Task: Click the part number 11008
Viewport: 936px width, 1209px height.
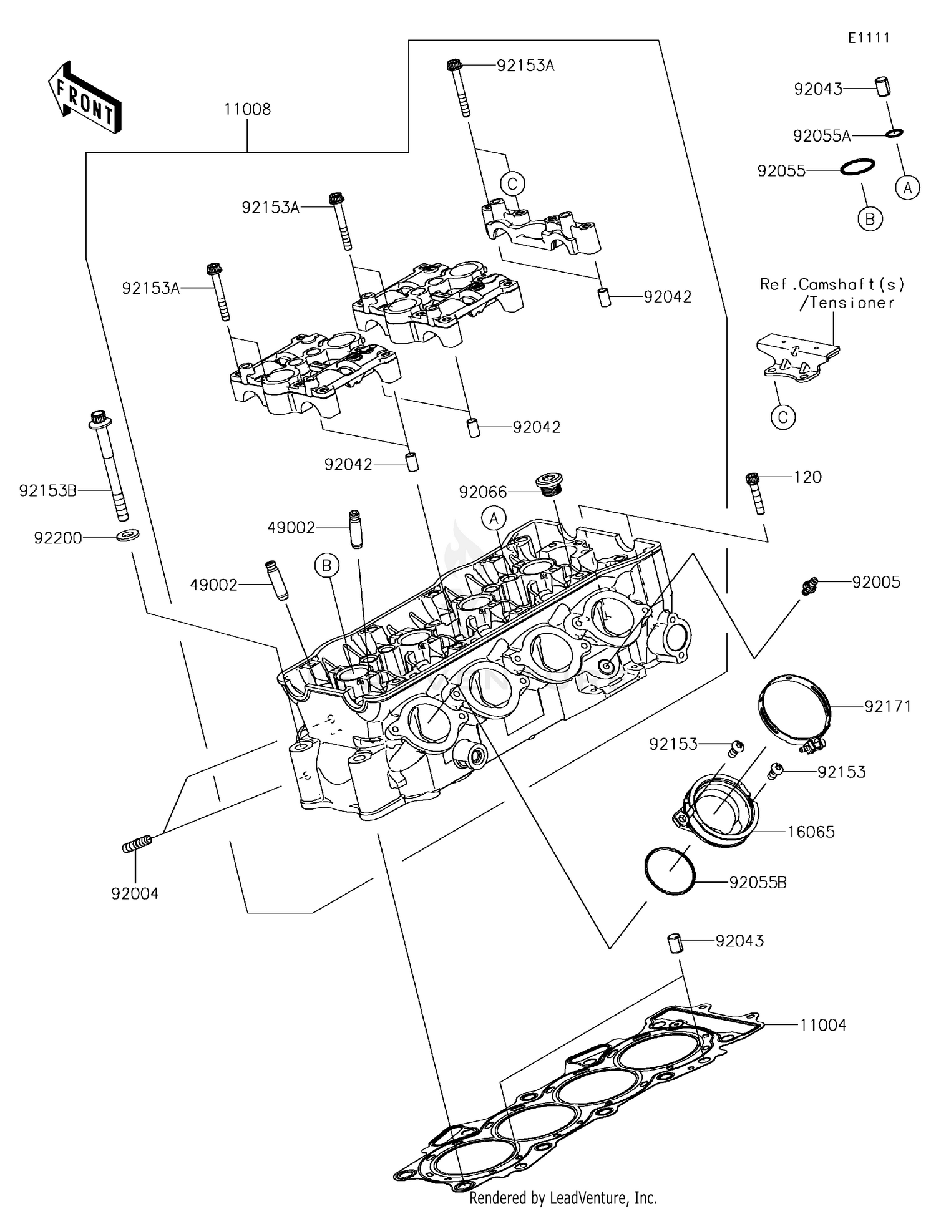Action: point(247,110)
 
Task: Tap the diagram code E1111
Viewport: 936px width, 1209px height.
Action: point(869,38)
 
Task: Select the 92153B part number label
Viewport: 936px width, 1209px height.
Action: point(48,491)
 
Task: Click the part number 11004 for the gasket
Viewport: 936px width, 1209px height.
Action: point(823,1025)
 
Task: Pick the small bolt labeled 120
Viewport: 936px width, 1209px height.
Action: point(755,493)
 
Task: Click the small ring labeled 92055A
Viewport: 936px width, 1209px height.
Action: point(895,133)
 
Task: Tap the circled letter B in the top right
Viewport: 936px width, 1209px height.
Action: point(869,218)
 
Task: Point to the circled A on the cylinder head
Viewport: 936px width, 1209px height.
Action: point(494,518)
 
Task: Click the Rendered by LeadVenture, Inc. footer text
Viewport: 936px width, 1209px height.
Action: point(563,1198)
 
